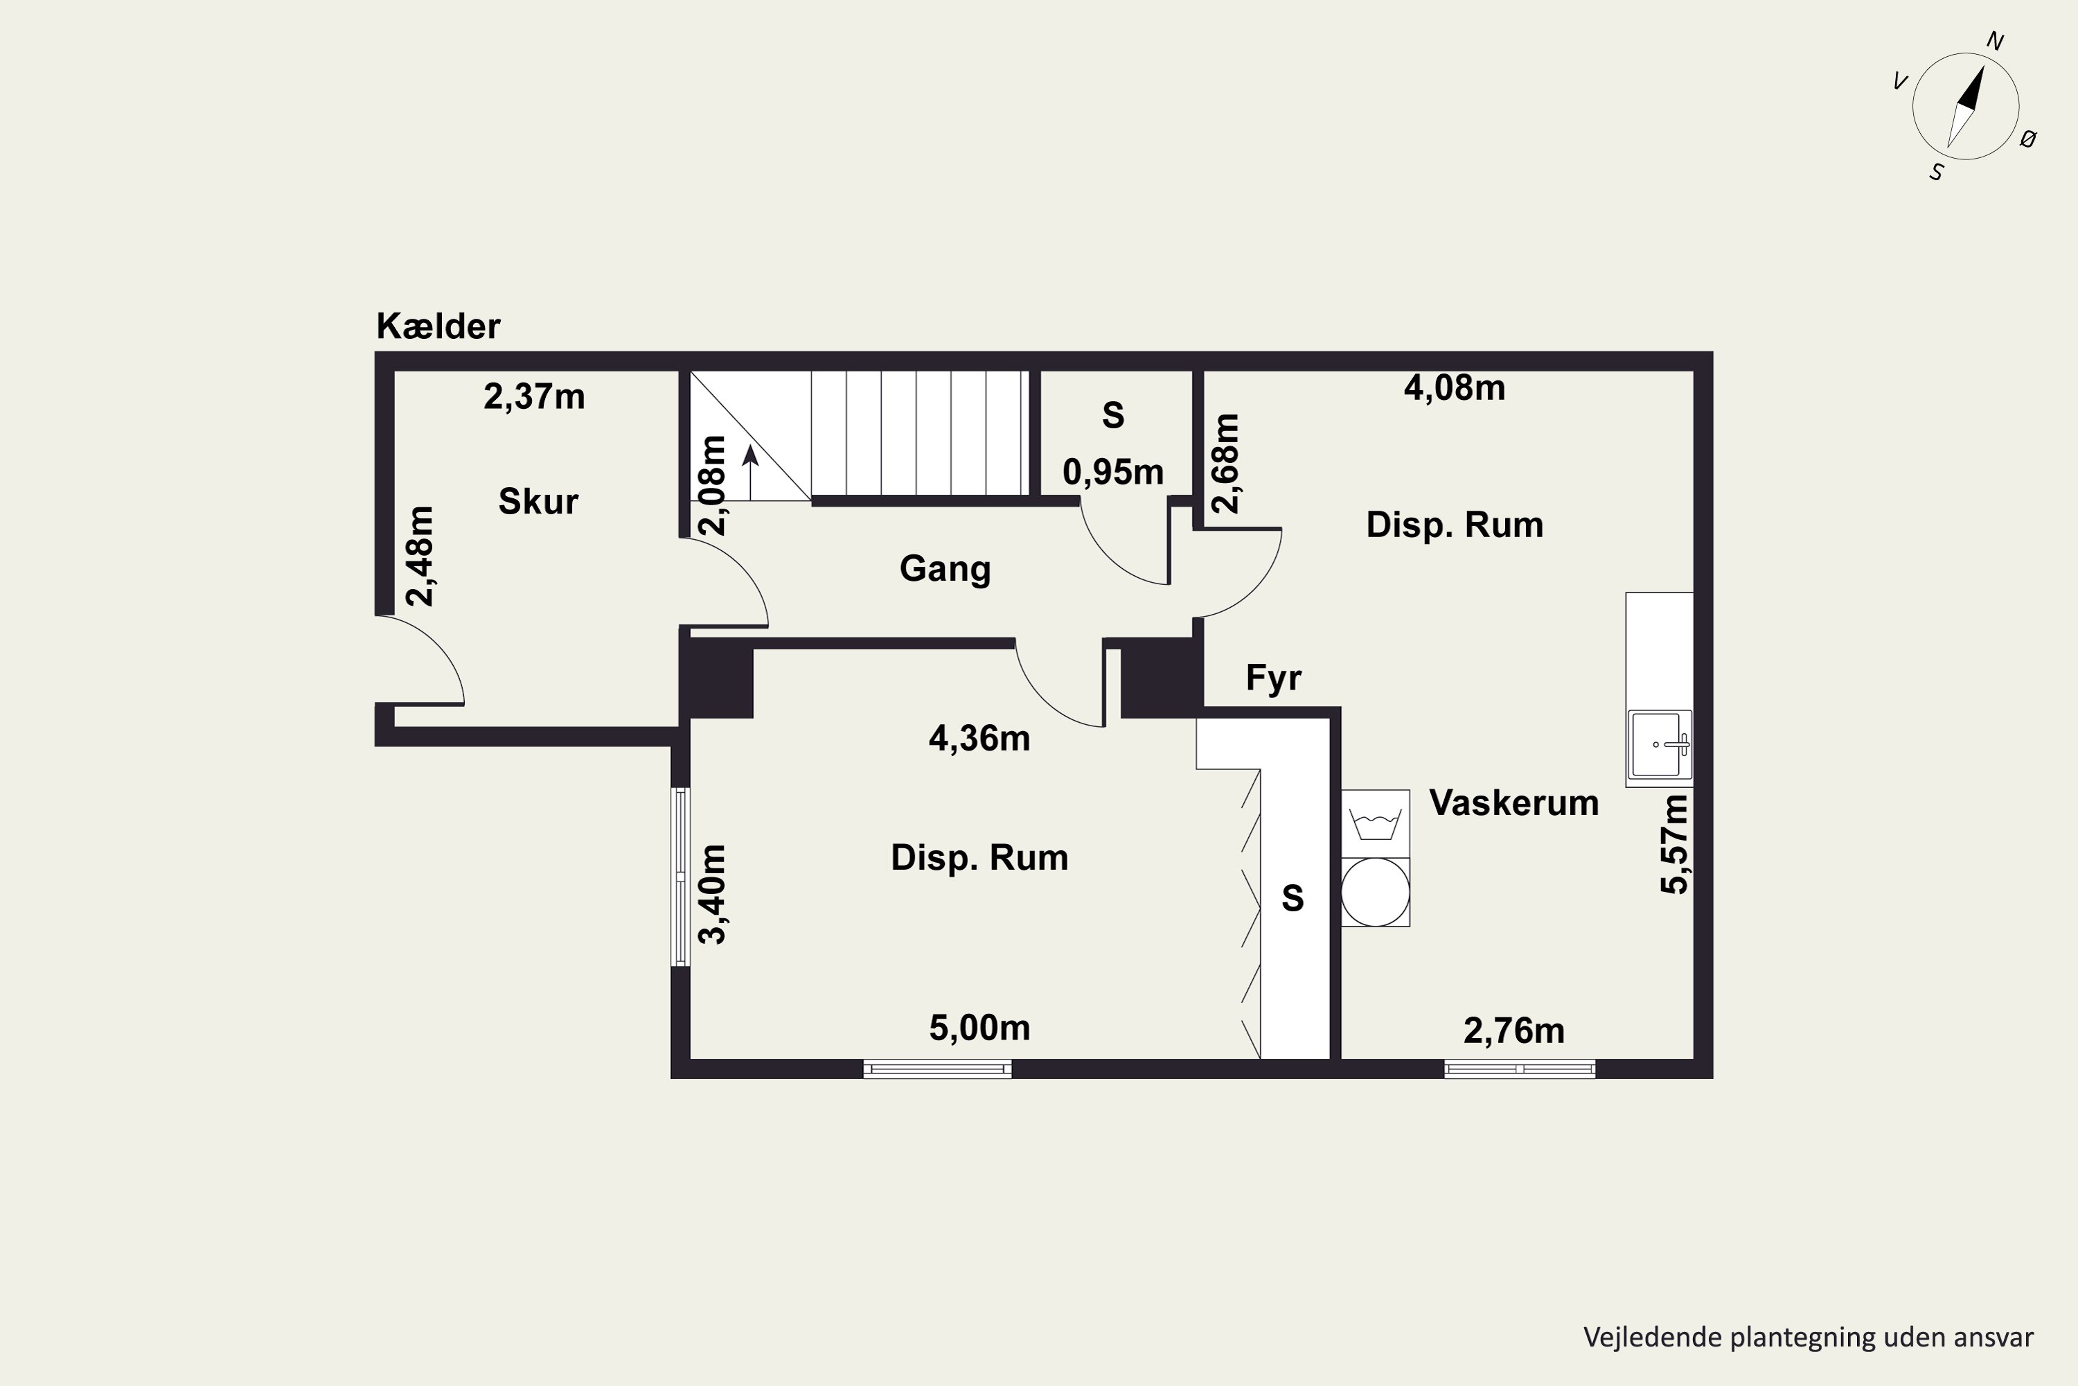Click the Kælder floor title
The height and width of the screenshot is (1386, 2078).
438,326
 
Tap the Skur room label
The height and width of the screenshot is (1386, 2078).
538,501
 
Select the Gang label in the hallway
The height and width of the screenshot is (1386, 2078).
945,569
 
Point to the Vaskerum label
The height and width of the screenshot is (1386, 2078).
1513,802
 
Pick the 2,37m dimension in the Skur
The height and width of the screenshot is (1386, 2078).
533,397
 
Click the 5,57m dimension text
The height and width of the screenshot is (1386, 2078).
1674,844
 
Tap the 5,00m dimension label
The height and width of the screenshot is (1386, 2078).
979,1027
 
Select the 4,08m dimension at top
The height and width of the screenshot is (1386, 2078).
1454,388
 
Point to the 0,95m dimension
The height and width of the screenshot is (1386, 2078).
1112,472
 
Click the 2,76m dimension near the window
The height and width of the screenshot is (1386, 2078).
1513,1030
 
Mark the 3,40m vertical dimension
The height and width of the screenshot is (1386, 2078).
712,894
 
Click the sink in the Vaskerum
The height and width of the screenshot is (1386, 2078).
1658,744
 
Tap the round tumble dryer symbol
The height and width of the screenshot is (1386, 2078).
1375,892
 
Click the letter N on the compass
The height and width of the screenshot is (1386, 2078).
1995,41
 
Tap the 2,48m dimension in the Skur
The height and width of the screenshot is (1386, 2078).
420,556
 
